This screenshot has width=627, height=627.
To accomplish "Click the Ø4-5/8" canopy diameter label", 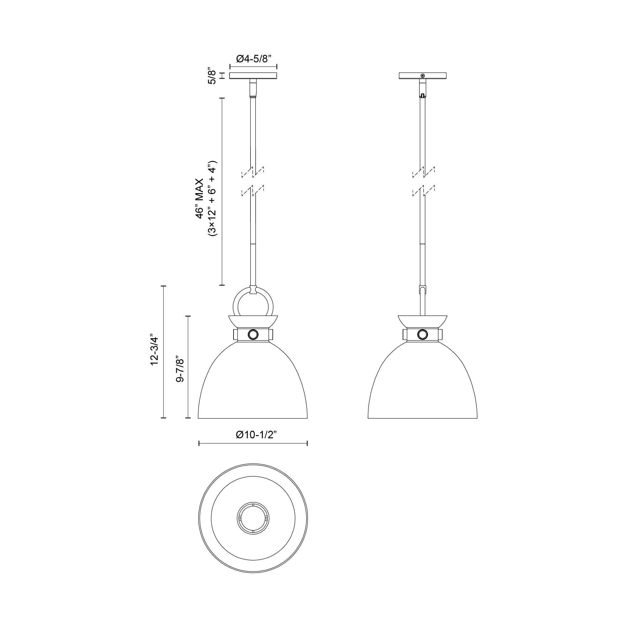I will (253, 59).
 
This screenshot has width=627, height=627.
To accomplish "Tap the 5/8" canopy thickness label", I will (212, 76).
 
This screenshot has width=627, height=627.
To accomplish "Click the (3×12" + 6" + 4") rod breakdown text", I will (213, 198).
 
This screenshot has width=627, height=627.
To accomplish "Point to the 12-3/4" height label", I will (154, 350).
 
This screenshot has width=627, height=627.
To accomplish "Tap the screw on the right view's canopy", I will (423, 76).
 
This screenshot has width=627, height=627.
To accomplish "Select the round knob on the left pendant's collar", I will (253, 334).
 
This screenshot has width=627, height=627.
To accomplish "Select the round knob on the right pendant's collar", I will (423, 334).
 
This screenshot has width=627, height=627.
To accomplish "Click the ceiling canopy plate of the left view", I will (253, 76).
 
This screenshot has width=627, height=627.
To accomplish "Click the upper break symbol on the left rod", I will (253, 172).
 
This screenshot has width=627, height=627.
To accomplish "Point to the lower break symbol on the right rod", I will (423, 191).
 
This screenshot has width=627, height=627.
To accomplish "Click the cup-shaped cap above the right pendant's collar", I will (422, 321).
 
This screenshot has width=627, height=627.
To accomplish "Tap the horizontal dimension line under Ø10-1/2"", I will (253, 443).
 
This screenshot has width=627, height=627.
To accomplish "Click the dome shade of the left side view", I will (253, 383).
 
